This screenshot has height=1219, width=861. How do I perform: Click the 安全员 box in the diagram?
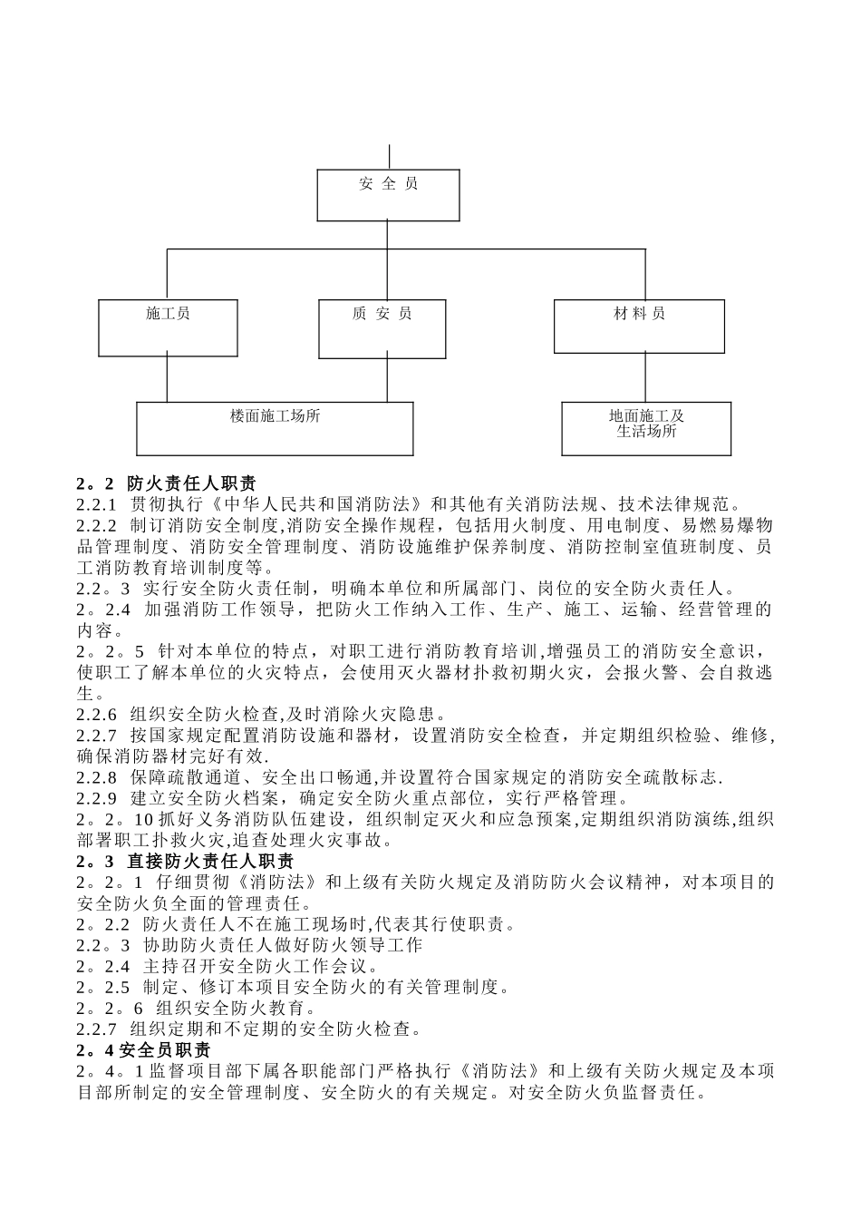tap(388, 195)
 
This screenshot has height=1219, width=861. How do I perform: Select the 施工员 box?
tap(168, 327)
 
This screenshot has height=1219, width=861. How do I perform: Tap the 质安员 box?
tap(382, 327)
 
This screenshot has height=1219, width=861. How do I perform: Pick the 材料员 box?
tap(639, 326)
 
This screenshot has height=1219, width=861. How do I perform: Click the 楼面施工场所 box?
tap(275, 428)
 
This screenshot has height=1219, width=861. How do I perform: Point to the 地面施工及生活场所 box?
tap(646, 428)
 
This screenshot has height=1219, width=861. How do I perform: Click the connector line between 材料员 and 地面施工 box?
tap(644, 377)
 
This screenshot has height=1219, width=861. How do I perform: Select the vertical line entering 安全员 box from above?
tap(388, 156)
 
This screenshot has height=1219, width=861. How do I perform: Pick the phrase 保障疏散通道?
tap(183, 777)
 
